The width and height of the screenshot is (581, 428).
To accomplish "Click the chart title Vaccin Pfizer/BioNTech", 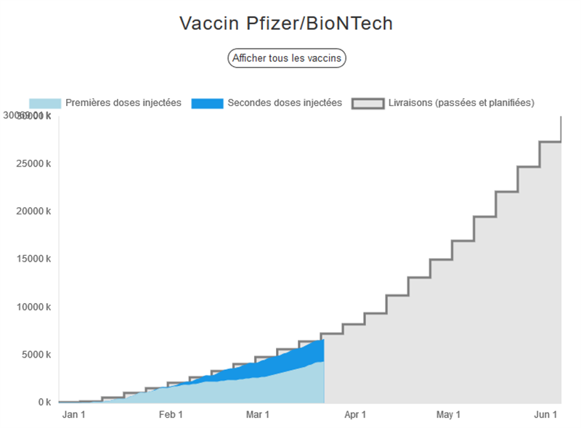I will pyautogui.click(x=286, y=23).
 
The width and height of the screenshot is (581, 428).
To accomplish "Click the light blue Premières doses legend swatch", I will pyautogui.click(x=44, y=103).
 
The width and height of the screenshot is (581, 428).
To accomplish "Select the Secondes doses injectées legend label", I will pyautogui.click(x=285, y=103).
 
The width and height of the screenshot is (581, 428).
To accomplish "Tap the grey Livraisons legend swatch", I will pyautogui.click(x=367, y=103).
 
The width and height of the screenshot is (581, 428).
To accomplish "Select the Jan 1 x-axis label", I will pyautogui.click(x=73, y=415).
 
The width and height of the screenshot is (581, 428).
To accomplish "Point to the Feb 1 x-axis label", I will pyautogui.click(x=171, y=415).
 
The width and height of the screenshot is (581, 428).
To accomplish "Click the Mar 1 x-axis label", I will pyautogui.click(x=257, y=415).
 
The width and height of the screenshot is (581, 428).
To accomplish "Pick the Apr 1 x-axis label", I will pyautogui.click(x=354, y=415).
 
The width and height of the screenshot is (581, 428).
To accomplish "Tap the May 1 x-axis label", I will pyautogui.click(x=448, y=415).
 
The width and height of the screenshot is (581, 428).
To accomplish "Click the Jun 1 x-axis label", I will pyautogui.click(x=545, y=415).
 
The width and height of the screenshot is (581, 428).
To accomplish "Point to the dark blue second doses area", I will pyautogui.click(x=290, y=360).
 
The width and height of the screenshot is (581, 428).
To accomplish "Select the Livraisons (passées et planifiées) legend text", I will pyautogui.click(x=461, y=103).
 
